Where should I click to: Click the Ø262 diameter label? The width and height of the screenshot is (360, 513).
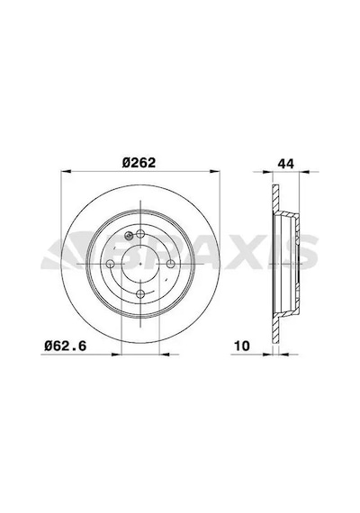139,162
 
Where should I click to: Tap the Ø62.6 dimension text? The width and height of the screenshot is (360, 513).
66,346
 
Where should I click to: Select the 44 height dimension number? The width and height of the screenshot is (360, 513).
286,163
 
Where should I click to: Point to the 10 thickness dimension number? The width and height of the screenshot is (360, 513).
242,346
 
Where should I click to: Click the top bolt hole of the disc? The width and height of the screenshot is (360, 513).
140,234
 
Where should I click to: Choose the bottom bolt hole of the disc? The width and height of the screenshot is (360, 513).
140,293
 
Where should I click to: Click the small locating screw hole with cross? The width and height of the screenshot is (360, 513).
129,235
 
